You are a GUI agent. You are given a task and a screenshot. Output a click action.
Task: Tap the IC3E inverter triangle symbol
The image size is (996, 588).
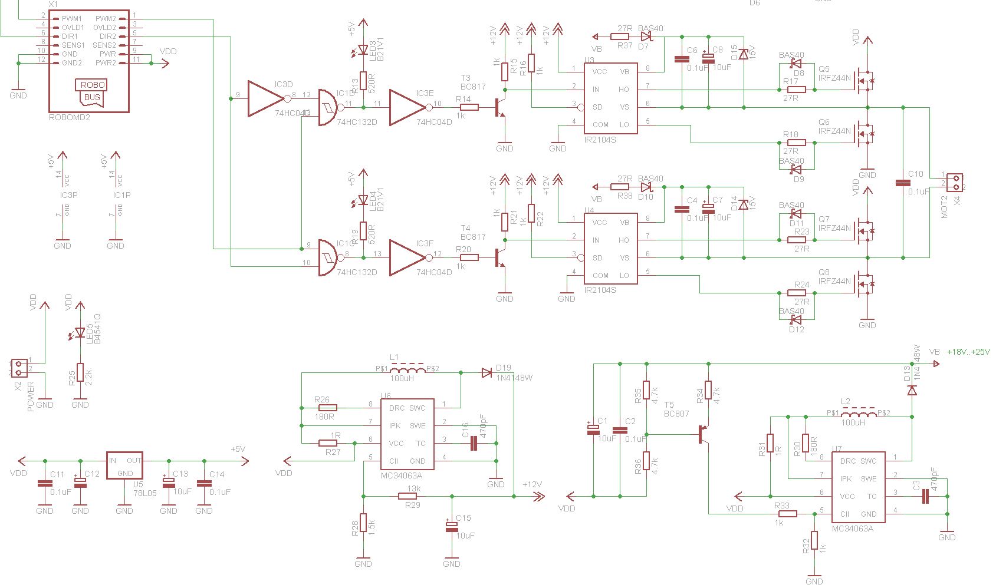pyautogui.click(x=407, y=107)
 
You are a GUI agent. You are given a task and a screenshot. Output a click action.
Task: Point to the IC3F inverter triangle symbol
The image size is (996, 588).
pyautogui.click(x=407, y=257)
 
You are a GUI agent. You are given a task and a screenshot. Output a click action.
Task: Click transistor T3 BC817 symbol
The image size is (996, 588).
pyautogui.click(x=500, y=108)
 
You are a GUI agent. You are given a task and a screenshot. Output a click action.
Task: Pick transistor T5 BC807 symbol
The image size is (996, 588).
pyautogui.click(x=702, y=434)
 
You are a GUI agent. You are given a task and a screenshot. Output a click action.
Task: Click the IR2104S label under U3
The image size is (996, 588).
pyautogui.click(x=600, y=140)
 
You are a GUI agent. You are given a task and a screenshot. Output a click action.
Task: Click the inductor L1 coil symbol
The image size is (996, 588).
pyautogui.click(x=407, y=369)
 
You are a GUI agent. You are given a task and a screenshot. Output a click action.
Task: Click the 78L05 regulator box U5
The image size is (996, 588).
pyautogui.click(x=124, y=465)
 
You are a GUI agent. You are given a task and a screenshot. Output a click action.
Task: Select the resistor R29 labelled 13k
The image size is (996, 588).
pyautogui.click(x=412, y=496)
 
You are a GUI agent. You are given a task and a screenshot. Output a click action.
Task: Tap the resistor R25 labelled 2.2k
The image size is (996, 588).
pyautogui.click(x=80, y=372)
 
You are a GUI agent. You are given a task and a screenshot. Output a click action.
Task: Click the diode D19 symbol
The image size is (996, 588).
pyautogui.click(x=486, y=372)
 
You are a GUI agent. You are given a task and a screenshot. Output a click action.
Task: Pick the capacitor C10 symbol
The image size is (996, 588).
pyautogui.click(x=903, y=183)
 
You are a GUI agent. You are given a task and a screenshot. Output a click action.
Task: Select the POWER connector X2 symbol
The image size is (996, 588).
pyautogui.click(x=19, y=368)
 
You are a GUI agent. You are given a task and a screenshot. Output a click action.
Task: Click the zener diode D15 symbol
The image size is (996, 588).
pyautogui.click(x=744, y=54)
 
